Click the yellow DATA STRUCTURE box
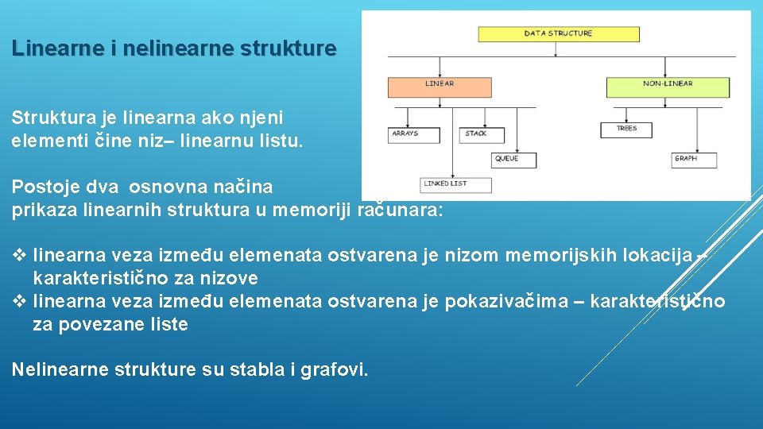[558, 34]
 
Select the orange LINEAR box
[439, 85]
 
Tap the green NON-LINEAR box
[667, 85]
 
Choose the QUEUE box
[513, 159]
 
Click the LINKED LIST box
[455, 184]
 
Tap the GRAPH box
[693, 159]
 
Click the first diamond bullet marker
[20, 256]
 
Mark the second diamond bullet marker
[20, 302]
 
